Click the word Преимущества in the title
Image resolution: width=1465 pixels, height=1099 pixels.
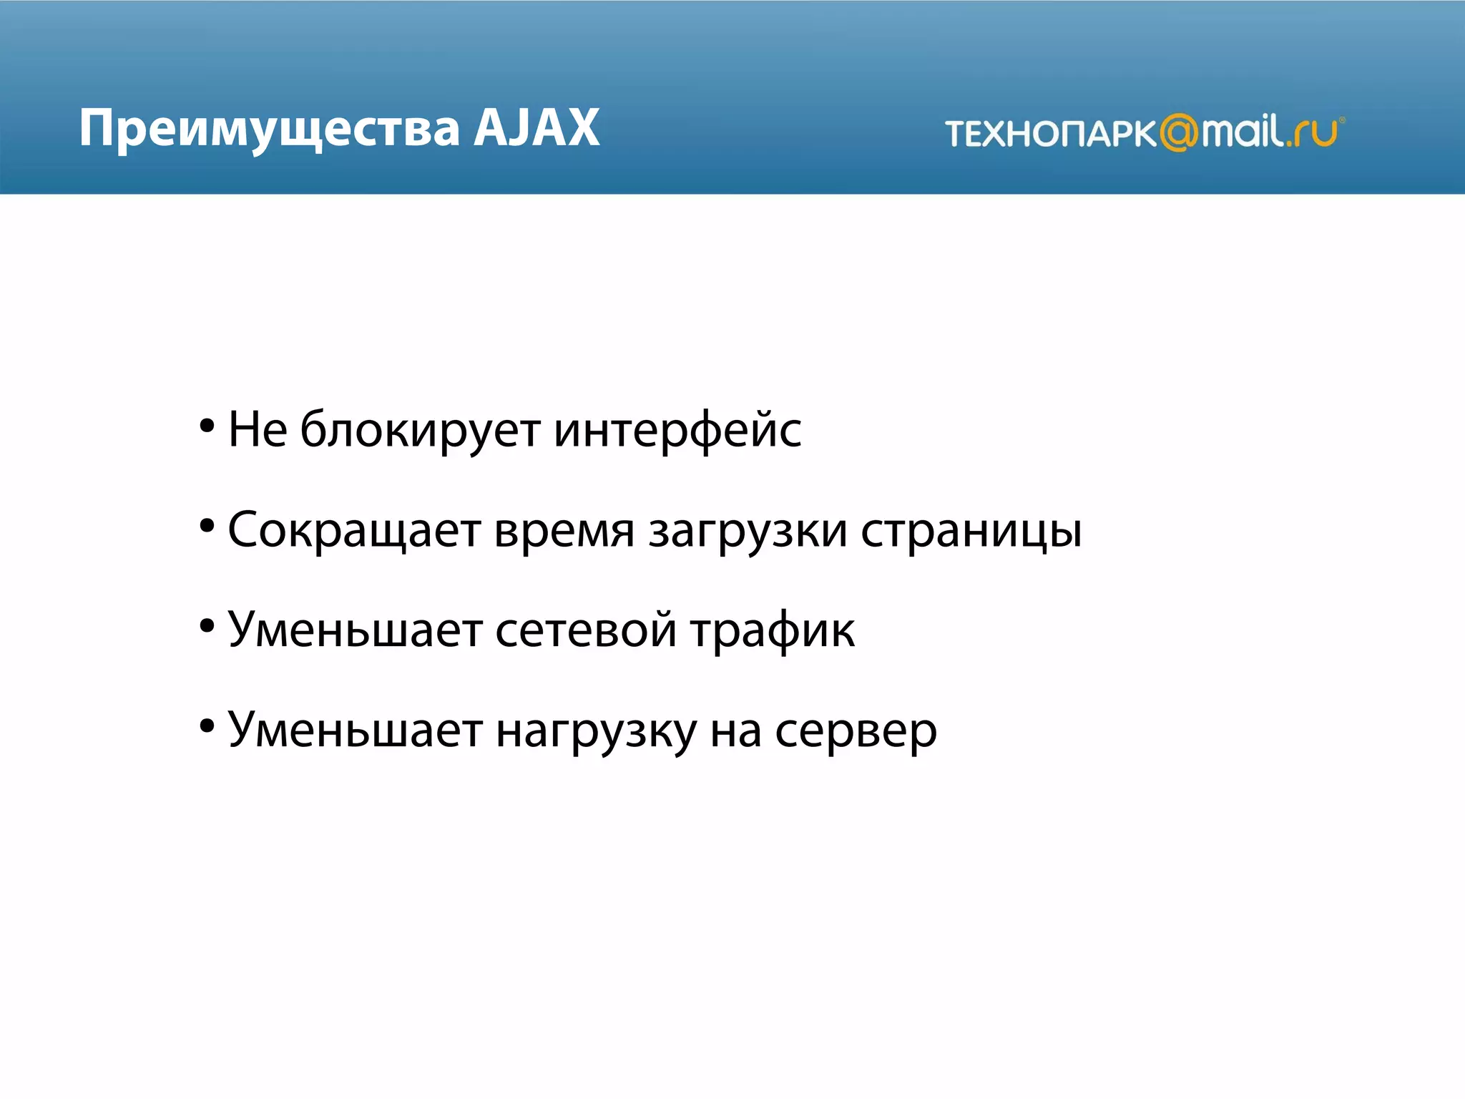click(x=269, y=129)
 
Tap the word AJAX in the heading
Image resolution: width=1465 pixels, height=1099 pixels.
click(x=536, y=129)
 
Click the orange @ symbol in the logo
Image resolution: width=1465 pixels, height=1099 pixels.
click(x=1178, y=132)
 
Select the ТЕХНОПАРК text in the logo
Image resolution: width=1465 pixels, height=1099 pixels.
click(x=1050, y=134)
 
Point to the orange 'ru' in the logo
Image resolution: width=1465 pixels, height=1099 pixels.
click(x=1316, y=133)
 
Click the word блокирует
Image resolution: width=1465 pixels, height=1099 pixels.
click(x=420, y=431)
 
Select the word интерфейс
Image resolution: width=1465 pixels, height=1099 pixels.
click(x=677, y=431)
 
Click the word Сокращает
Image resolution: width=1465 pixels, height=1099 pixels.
click(x=354, y=531)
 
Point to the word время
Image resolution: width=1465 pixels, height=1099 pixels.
click(x=564, y=531)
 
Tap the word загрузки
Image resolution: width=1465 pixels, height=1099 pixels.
click(x=748, y=531)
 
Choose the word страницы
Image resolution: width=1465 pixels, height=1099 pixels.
click(x=971, y=531)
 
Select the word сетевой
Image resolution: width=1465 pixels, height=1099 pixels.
click(x=585, y=630)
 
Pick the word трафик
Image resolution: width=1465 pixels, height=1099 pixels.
click(x=773, y=630)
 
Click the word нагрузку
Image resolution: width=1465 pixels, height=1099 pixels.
click(x=596, y=731)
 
